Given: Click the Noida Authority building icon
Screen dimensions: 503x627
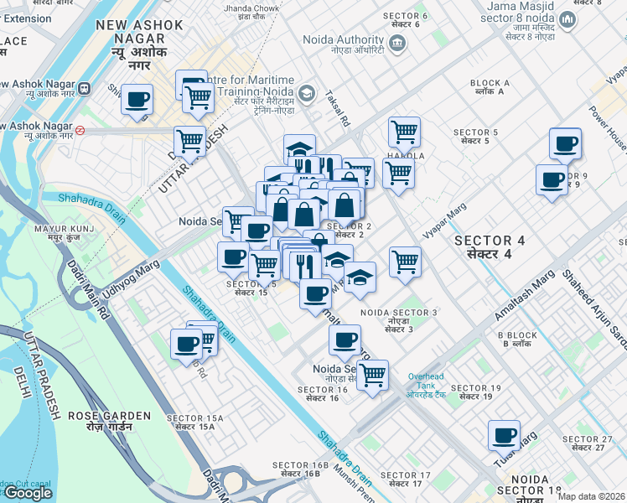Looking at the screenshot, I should [397, 44].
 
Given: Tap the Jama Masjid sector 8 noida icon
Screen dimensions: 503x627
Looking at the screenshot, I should [567, 19].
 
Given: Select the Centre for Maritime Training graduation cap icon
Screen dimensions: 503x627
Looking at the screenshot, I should [306, 92].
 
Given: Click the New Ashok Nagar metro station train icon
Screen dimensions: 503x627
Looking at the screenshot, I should [84, 88].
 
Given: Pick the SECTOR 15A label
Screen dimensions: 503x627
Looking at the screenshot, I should [195, 423].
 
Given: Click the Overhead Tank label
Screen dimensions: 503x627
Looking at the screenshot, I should [431, 382].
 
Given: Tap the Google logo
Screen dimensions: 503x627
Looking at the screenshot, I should [28, 493].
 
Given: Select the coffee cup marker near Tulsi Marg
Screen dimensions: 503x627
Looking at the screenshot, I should [505, 435].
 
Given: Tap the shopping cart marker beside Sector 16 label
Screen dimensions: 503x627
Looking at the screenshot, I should [372, 374].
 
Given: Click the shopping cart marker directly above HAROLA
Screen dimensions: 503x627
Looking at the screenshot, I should [404, 131].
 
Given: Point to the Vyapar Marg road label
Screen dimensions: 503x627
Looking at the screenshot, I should [444, 223].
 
